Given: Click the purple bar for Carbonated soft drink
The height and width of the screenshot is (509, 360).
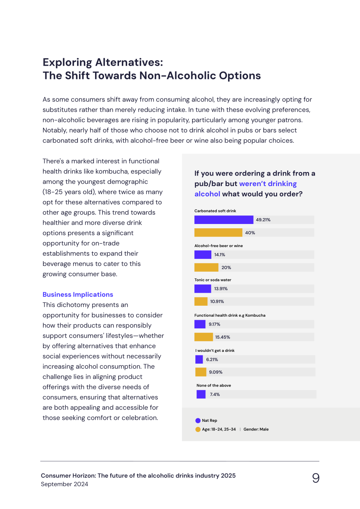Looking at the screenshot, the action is click(223, 220).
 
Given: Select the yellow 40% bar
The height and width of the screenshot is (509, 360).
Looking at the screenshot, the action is click(218, 233).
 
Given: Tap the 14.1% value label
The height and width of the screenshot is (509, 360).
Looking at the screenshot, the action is click(220, 255).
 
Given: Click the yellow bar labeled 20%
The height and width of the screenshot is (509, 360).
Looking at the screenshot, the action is click(206, 267).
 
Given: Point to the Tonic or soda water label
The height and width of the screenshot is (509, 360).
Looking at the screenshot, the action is click(212, 280).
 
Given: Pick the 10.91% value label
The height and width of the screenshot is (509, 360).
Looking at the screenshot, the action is click(217, 301).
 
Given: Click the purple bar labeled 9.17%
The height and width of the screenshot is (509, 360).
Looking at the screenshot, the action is click(200, 324).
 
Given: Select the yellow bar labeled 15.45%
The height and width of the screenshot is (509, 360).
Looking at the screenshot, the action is click(203, 337).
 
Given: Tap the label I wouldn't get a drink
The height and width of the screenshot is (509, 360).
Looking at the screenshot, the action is click(215, 351).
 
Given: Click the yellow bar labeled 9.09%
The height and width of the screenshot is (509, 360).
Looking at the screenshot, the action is click(201, 372).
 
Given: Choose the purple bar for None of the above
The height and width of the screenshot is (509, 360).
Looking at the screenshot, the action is click(201, 394).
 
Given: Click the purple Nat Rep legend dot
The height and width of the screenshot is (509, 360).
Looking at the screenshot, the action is click(198, 421).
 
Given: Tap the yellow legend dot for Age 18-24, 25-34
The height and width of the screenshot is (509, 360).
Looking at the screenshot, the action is click(198, 430).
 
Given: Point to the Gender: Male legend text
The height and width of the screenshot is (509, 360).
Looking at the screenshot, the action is click(256, 429).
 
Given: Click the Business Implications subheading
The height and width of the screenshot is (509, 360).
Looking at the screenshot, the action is click(78, 294).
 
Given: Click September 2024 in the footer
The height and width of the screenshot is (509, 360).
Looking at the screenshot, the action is click(64, 484).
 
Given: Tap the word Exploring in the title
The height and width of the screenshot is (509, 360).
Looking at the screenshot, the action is click(67, 63).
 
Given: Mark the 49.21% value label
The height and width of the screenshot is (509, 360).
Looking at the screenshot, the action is click(263, 220).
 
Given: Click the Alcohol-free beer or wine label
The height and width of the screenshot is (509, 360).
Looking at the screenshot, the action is click(219, 246).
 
